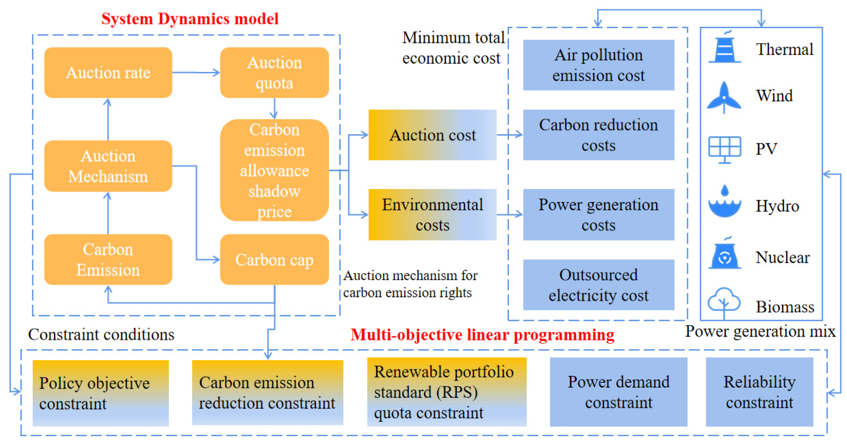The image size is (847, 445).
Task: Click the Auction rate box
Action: pyautogui.click(x=108, y=73)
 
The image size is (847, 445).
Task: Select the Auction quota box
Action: pyautogui.click(x=274, y=73)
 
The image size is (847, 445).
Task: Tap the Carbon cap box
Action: pyautogui.click(x=274, y=260)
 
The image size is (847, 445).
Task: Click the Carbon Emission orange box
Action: pyautogui.click(x=108, y=260)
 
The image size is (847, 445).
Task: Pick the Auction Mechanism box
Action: pyautogui.click(x=108, y=166)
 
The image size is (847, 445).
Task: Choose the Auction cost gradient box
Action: pyautogui.click(x=432, y=135)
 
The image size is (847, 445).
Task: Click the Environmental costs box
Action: pyautogui.click(x=432, y=214)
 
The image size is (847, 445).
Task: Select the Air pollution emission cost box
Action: pyautogui.click(x=598, y=65)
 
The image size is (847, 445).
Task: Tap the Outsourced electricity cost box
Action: pyautogui.click(x=598, y=285)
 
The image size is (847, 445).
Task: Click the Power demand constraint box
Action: pyautogui.click(x=618, y=392)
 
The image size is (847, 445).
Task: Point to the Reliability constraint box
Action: pyautogui.click(x=759, y=392)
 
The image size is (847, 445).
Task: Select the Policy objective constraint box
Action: pyautogui.click(x=101, y=393)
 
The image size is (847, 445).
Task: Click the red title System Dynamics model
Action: pyautogui.click(x=190, y=19)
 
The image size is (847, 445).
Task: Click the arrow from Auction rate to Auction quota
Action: pyautogui.click(x=196, y=73)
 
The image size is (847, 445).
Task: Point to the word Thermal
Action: pyautogui.click(x=785, y=49)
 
